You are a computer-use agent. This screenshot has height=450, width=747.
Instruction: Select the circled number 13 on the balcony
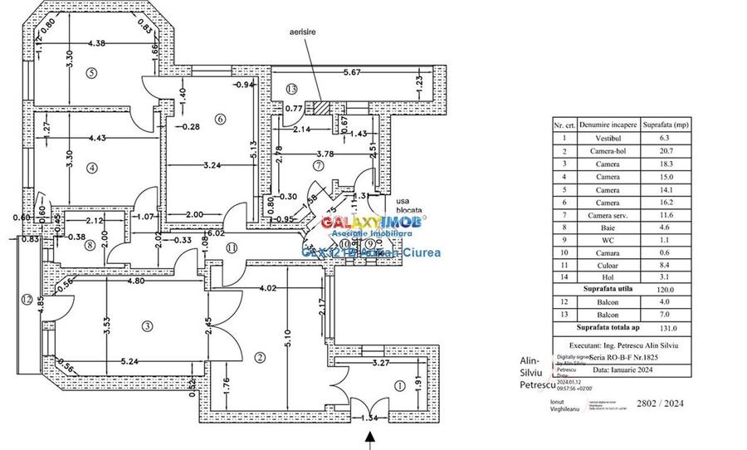[x=290, y=89]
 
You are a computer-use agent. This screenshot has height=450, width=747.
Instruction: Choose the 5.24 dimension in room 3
[x=106, y=362]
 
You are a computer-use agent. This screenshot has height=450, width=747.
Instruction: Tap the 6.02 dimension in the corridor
[x=217, y=234]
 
